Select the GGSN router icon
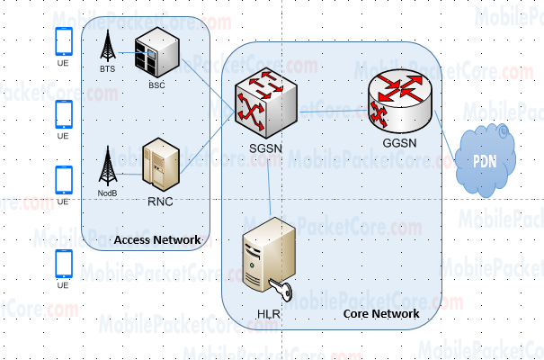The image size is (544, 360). [x=400, y=102]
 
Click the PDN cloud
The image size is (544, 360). [x=489, y=162]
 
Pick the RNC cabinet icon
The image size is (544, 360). [x=161, y=165]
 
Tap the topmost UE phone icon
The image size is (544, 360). [x=64, y=41]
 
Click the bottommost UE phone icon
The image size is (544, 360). [x=64, y=264]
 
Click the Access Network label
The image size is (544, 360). [x=156, y=239]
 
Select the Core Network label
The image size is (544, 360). [x=381, y=314]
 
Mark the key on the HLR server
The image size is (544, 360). [x=283, y=289]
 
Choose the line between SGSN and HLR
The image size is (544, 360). [x=269, y=184]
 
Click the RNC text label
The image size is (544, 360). [x=160, y=201]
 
